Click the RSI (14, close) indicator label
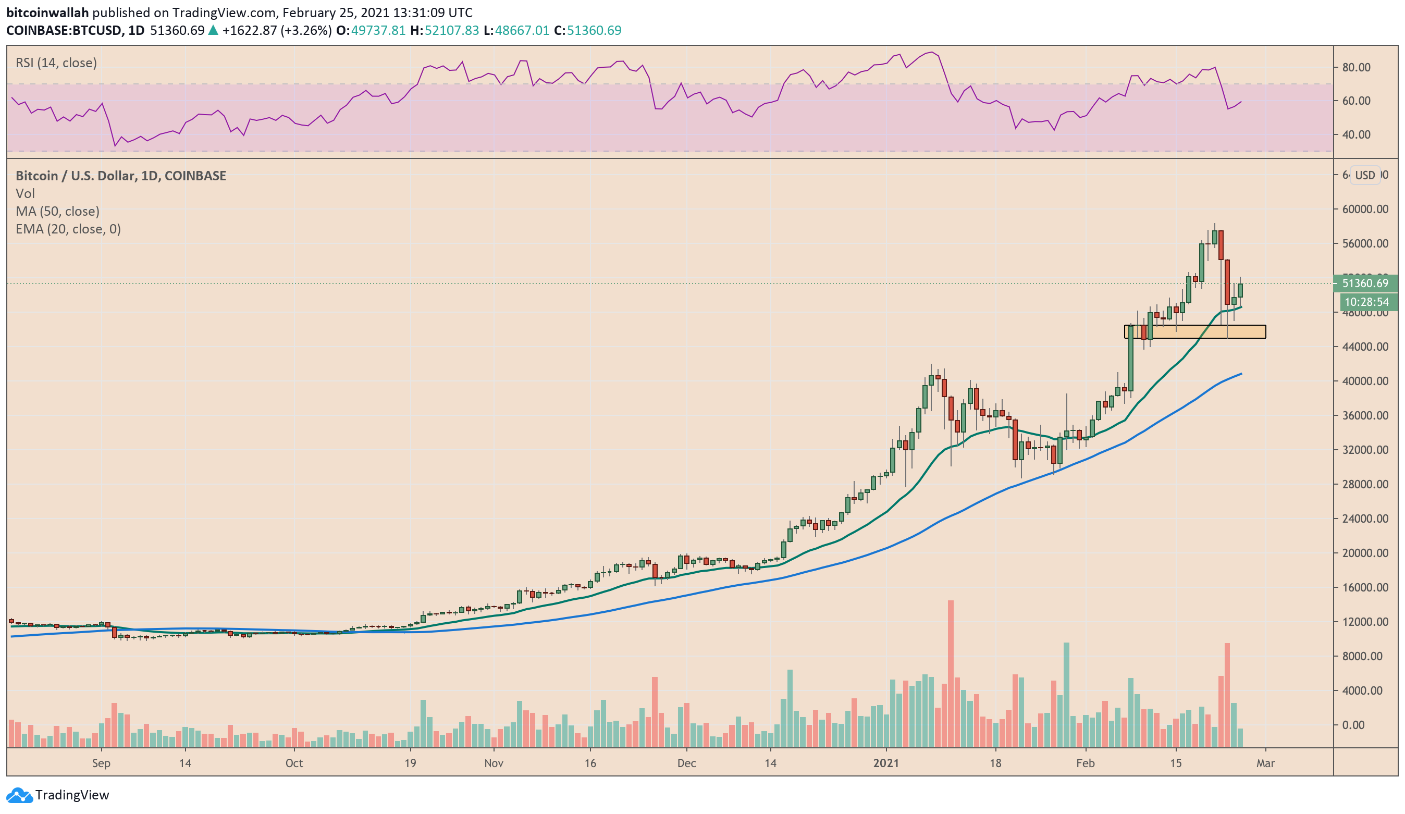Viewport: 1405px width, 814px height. pyautogui.click(x=56, y=63)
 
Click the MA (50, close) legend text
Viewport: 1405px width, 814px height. pyautogui.click(x=57, y=211)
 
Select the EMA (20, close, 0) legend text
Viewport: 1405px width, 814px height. pyautogui.click(x=68, y=229)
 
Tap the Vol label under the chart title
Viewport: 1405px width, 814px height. pyautogui.click(x=25, y=193)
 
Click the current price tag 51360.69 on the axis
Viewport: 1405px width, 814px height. pyautogui.click(x=1364, y=283)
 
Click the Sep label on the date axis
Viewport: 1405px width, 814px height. pyautogui.click(x=101, y=763)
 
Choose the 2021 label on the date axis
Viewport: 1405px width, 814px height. pyautogui.click(x=886, y=763)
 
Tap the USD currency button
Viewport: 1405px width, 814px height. pyautogui.click(x=1365, y=176)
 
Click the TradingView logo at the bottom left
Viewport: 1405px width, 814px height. pyautogui.click(x=58, y=795)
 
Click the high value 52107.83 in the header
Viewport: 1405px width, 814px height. pyautogui.click(x=452, y=30)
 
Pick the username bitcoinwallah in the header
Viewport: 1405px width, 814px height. pyautogui.click(x=47, y=13)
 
